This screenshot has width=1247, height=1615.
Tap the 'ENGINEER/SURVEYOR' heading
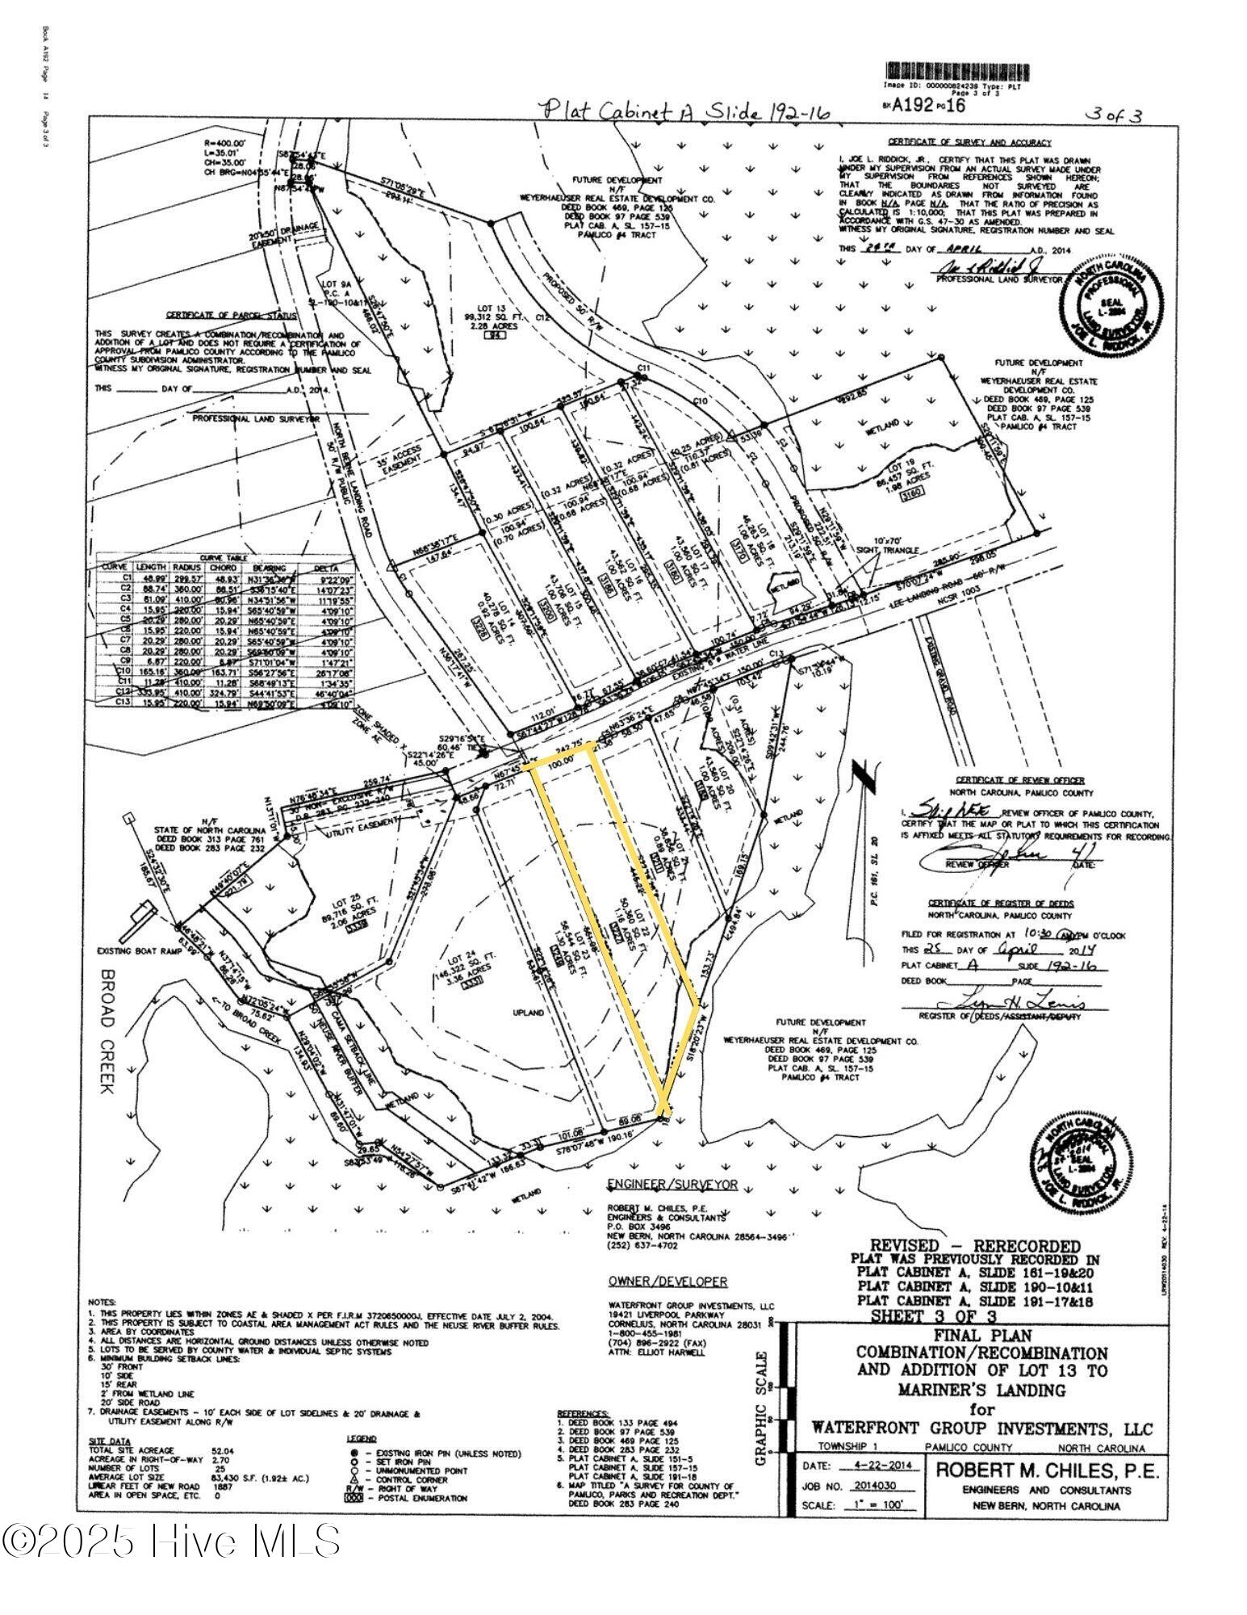[x=672, y=1184]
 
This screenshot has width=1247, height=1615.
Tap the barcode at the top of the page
[x=949, y=71]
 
